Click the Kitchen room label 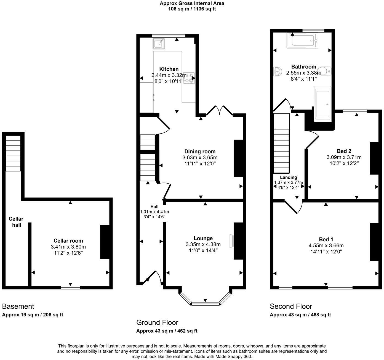click(x=169, y=69)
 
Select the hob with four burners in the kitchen click(x=188, y=78)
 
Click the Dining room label click(x=200, y=151)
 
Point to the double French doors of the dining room click(x=220, y=110)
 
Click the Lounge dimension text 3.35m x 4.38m click(x=203, y=244)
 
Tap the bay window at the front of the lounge click(x=205, y=303)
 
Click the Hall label click(x=154, y=207)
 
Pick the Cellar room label click(x=68, y=241)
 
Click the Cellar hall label click(x=16, y=222)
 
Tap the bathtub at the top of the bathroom click(x=302, y=41)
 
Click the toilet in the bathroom click(x=324, y=71)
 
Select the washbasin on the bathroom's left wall click(x=277, y=72)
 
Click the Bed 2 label click(x=344, y=151)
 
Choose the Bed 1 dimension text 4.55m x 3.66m click(x=326, y=245)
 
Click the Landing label click(x=288, y=177)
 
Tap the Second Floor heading click(x=291, y=306)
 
